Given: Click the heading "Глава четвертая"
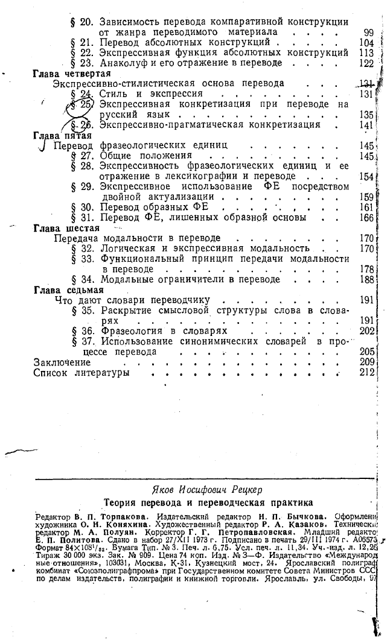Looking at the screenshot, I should click(70, 73).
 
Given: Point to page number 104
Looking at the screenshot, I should click(368, 42).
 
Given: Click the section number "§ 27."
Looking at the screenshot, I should click(83, 156).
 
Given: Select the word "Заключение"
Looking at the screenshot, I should click(62, 363).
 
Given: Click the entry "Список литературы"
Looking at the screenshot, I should click(82, 373).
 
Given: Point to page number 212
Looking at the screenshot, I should click(368, 373).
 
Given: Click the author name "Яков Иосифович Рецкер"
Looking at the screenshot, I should click(208, 489).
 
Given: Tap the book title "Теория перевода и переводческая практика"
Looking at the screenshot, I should click(208, 501).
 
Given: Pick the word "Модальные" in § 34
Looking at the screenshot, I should click(124, 279).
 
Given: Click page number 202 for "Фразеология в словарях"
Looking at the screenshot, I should click(368, 331).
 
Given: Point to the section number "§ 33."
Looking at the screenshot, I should click(83, 259).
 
